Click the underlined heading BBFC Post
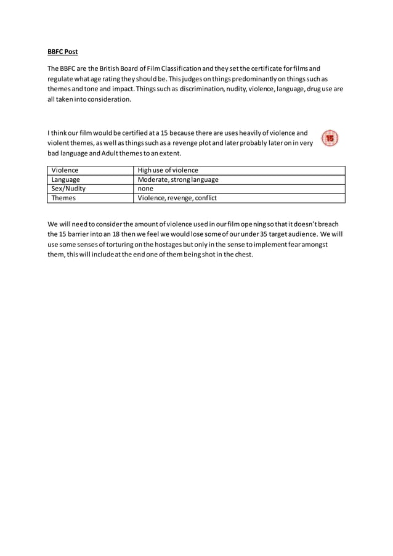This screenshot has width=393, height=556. pos(63,51)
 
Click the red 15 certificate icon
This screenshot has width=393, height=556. pos(330,138)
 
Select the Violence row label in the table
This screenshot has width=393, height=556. pos(65,170)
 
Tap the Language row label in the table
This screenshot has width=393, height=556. pos(66,179)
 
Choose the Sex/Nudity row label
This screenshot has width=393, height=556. pos(68,189)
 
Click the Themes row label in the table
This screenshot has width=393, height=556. pos(63,198)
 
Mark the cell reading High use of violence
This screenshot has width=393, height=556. pos(168,170)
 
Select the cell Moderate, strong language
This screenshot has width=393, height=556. pos(177,179)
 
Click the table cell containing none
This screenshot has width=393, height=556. pos(145,189)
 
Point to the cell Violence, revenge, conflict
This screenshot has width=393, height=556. pos(177,198)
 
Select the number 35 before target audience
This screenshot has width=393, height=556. pos(263,234)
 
